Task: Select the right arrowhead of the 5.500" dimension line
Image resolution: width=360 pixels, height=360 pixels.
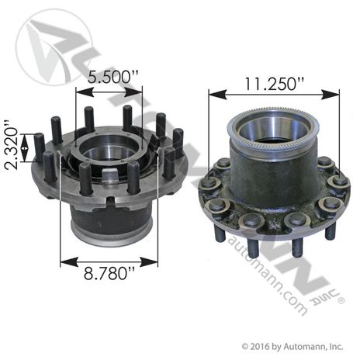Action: [141, 92]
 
